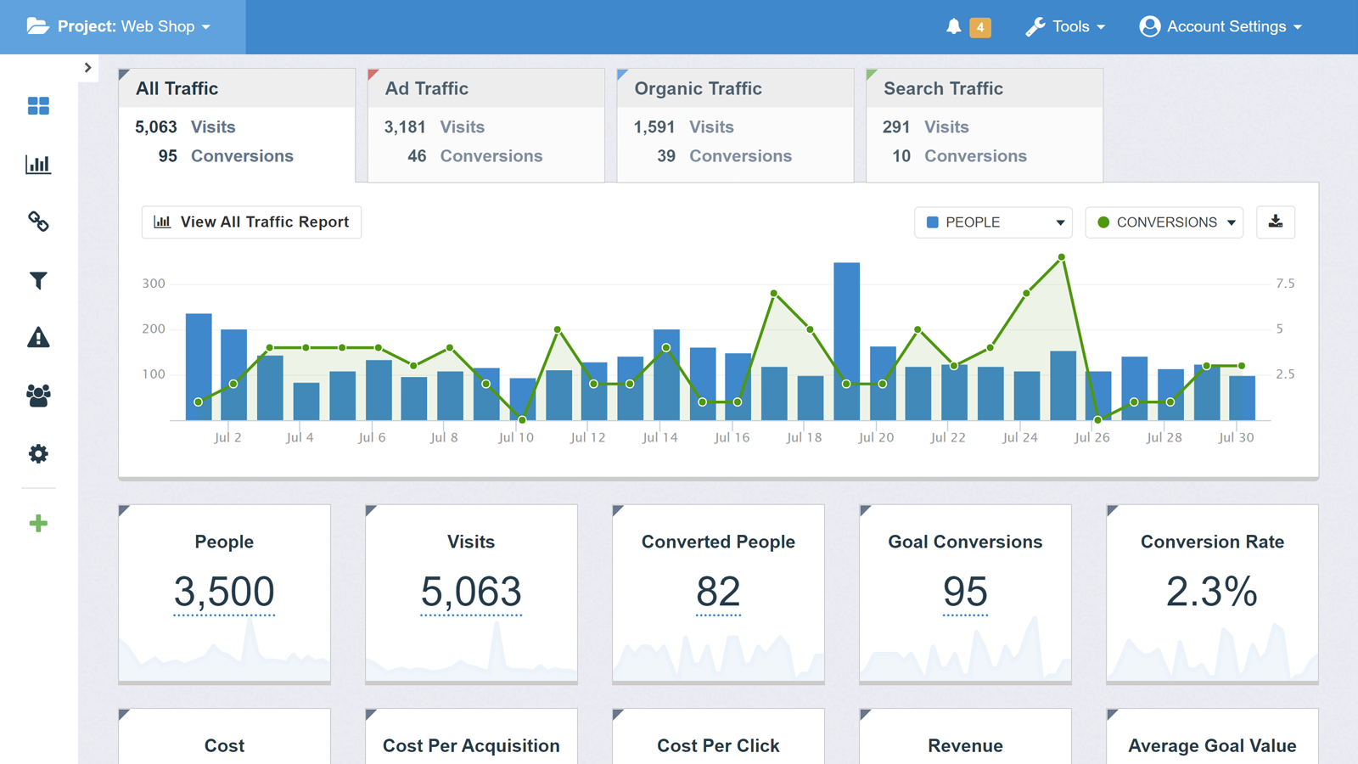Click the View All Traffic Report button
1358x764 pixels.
tap(251, 222)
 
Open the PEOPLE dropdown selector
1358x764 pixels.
tap(993, 222)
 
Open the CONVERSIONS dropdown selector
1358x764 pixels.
tap(1164, 222)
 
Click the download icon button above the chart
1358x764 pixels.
tap(1275, 222)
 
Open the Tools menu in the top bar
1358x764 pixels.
tap(1066, 27)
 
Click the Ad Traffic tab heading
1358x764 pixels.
tap(427, 88)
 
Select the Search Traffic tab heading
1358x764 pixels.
tap(943, 88)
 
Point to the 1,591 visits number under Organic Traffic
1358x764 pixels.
tap(654, 127)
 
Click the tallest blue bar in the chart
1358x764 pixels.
tap(846, 340)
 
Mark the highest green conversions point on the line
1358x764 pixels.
tap(1062, 256)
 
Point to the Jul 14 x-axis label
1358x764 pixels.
tap(659, 438)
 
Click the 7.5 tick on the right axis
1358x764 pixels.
tap(1285, 284)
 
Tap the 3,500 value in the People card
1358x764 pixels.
tap(224, 592)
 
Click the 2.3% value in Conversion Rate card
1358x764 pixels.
tap(1211, 592)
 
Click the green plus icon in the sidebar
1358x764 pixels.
tap(38, 524)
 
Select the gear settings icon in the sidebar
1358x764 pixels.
tap(38, 453)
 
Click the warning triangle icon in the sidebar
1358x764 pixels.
tap(38, 338)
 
